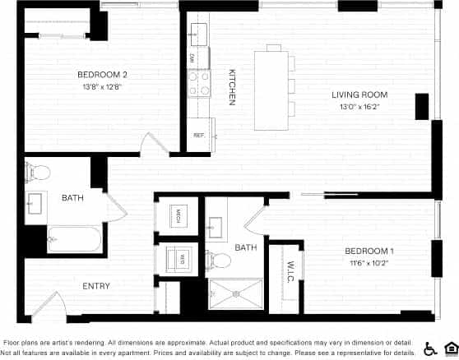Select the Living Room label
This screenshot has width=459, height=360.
tap(359, 95)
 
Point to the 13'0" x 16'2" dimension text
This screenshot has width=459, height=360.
tap(359, 106)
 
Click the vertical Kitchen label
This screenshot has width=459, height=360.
tap(232, 85)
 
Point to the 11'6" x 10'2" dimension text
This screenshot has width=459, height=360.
tap(368, 263)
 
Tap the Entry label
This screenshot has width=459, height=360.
tap(97, 286)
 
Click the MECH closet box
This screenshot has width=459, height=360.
tap(176, 216)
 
